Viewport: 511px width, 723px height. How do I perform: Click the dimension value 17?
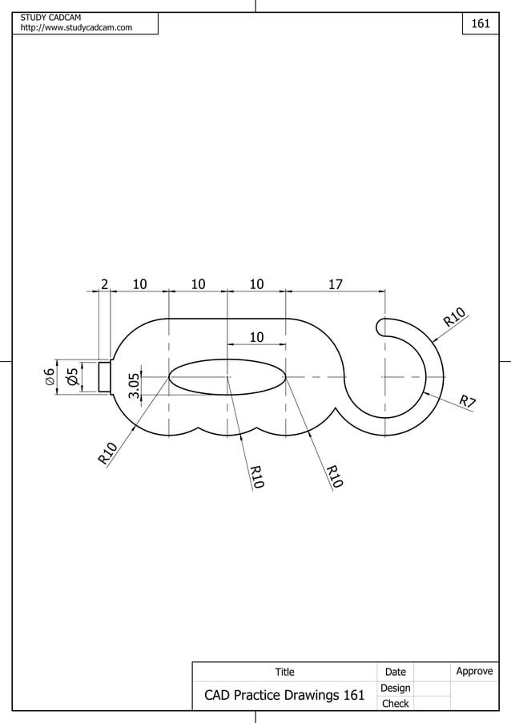coord(335,283)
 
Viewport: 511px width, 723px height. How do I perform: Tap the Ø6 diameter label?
coord(50,376)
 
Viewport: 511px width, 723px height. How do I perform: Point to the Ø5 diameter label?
coord(73,376)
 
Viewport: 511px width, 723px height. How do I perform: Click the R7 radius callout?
coord(468,401)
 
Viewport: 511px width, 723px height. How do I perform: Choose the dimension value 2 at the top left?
coord(104,283)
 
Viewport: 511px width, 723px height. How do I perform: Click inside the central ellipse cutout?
coord(227,376)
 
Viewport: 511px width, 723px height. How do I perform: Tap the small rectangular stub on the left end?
coord(104,376)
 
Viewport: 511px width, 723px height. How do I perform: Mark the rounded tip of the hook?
coord(380,327)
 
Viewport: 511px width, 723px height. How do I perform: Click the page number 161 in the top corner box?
coord(480,24)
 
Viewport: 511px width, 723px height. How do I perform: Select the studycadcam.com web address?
coord(76,29)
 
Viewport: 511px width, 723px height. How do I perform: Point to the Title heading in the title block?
coord(284,672)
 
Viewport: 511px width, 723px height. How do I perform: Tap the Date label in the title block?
coord(395,672)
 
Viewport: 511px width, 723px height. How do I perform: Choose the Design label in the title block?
coord(395,688)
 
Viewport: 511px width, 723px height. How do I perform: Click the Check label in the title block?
coord(395,704)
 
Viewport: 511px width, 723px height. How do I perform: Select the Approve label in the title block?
coord(473,671)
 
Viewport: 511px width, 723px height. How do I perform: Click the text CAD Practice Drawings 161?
coord(284,695)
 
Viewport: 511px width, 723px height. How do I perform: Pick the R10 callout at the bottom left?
coord(108,453)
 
